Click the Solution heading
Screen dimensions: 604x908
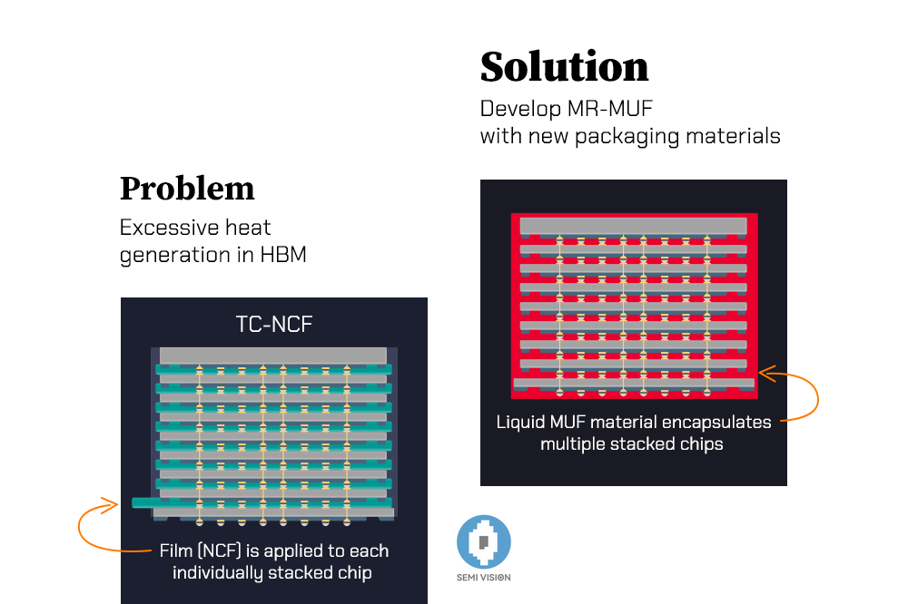[x=564, y=67]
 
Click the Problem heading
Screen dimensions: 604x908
[x=187, y=189]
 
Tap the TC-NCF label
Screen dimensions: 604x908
[x=274, y=325]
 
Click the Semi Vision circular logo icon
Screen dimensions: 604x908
[x=484, y=542]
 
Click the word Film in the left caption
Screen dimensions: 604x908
[x=177, y=551]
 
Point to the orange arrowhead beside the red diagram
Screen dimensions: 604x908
[x=763, y=372]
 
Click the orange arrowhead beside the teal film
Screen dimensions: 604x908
[x=113, y=503]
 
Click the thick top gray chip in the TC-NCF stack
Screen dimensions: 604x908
[x=273, y=356]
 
